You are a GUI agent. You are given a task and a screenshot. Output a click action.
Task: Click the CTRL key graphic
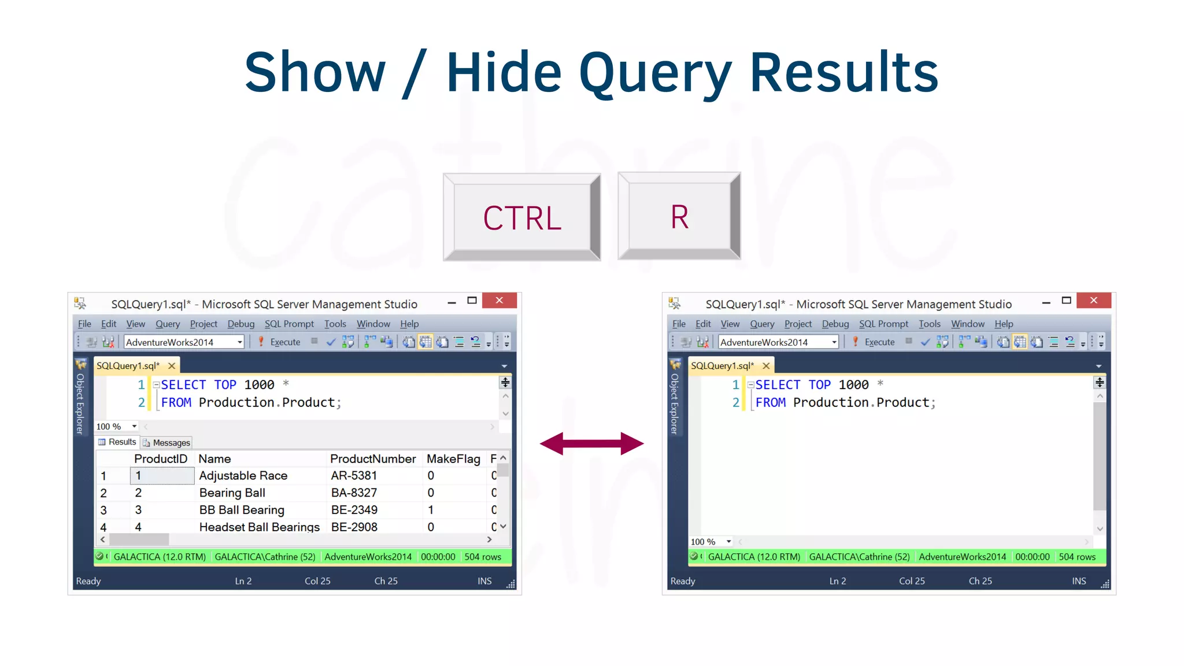pos(522,217)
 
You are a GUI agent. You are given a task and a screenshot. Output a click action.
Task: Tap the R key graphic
pos(679,216)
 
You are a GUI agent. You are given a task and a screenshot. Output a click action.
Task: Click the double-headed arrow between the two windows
pos(591,443)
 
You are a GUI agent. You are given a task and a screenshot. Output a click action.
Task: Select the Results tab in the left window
pos(117,442)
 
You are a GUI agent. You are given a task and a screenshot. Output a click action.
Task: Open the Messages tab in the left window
pos(166,443)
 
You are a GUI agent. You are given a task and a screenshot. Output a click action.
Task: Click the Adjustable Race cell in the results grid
pos(243,476)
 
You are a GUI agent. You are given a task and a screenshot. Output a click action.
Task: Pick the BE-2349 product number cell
pos(354,510)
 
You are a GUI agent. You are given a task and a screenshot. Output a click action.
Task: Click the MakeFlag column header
pos(453,459)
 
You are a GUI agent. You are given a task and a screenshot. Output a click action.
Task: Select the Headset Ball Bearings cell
pos(259,527)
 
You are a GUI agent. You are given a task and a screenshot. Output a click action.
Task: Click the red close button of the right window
pos(1093,300)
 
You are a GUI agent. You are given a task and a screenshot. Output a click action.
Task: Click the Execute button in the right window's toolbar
pos(874,342)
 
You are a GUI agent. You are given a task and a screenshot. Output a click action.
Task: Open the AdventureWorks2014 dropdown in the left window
pos(239,342)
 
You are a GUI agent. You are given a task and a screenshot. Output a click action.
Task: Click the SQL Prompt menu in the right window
pos(883,324)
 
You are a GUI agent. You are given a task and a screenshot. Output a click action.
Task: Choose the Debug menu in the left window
pos(240,324)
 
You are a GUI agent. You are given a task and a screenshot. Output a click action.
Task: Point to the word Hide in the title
pos(504,72)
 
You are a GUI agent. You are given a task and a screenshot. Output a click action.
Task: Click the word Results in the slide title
pos(843,72)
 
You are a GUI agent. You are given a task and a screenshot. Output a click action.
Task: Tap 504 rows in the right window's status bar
pos(1077,557)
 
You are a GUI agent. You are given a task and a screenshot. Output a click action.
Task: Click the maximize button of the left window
pos(472,301)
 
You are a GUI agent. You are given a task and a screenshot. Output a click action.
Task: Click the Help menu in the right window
pos(1004,324)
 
